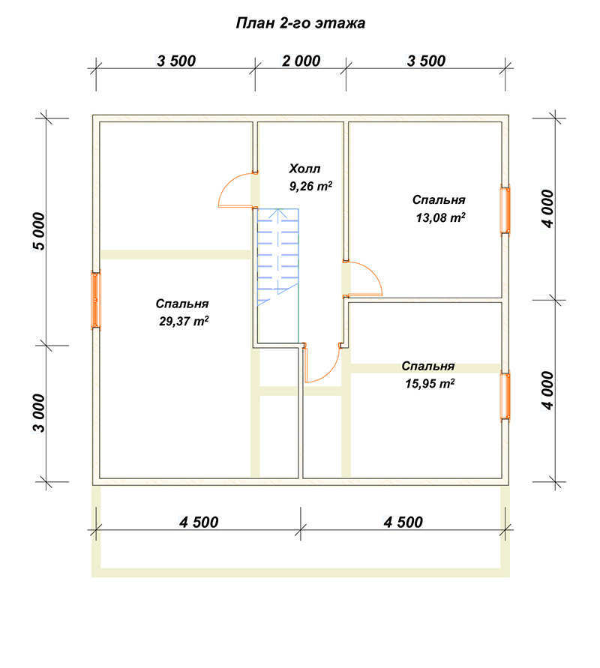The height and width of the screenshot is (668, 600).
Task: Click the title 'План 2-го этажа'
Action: (x=301, y=23)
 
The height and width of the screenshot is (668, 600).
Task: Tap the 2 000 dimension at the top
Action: (x=301, y=61)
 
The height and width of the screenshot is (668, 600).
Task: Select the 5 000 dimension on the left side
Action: (x=39, y=231)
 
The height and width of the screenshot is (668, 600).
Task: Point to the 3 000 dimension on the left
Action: (x=39, y=413)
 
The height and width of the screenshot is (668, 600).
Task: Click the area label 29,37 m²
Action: (x=184, y=321)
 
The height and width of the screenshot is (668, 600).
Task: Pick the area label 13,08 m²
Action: (x=440, y=217)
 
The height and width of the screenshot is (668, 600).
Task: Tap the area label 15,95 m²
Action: (x=430, y=383)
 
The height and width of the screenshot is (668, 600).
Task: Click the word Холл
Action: (x=304, y=169)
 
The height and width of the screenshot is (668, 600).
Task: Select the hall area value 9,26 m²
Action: (x=310, y=186)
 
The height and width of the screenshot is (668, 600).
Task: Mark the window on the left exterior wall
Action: (x=96, y=301)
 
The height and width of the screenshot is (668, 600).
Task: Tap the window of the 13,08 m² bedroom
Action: (x=505, y=210)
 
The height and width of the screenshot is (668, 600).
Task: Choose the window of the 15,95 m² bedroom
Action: (x=505, y=397)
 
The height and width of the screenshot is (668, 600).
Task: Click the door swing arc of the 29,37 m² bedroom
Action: (x=229, y=182)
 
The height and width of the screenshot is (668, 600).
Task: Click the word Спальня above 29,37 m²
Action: (x=182, y=304)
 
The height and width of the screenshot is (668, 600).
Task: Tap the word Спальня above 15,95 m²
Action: (x=427, y=366)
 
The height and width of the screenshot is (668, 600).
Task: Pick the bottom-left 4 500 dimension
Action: (x=199, y=523)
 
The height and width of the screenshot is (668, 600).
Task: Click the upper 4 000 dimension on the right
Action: (x=548, y=208)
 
